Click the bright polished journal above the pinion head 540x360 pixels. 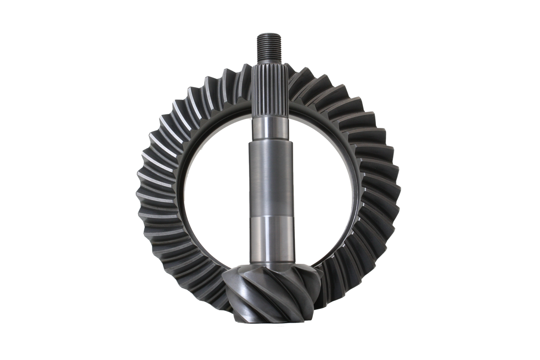pos(270,236)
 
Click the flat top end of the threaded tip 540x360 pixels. pos(270,34)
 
